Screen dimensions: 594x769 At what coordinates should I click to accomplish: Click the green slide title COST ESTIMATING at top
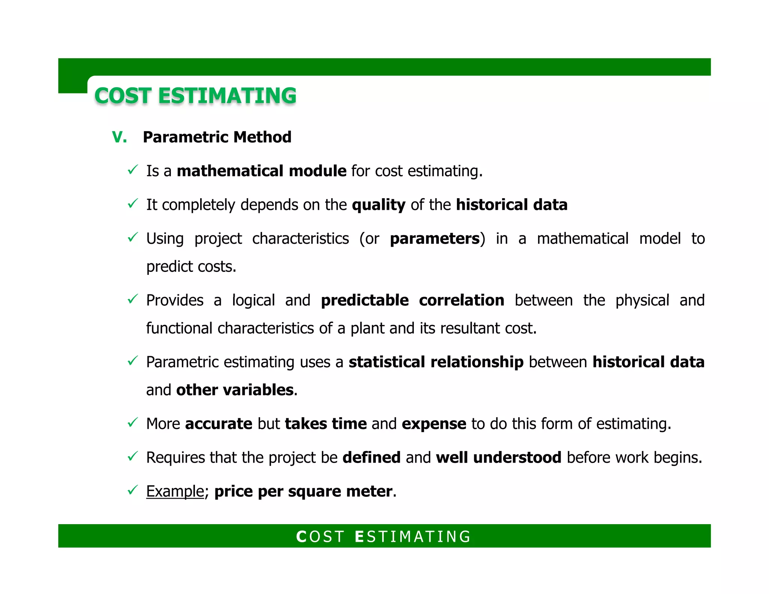[x=195, y=95]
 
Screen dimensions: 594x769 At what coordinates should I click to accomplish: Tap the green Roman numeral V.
[x=119, y=137]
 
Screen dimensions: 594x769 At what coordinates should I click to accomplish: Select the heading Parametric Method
[x=217, y=137]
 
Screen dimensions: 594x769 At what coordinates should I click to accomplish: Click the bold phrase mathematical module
[x=261, y=171]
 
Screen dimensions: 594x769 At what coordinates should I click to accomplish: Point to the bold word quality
[x=378, y=205]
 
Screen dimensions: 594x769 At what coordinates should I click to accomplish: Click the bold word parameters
[x=435, y=239]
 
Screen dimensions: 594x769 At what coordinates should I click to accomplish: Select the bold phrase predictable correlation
[x=412, y=300]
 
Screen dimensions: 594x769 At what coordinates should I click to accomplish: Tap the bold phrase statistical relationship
[x=436, y=362]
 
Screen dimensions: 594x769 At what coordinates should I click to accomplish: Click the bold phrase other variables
[x=235, y=390]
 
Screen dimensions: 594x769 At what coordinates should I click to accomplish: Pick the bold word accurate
[x=219, y=424]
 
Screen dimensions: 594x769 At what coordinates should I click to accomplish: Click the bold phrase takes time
[x=326, y=424]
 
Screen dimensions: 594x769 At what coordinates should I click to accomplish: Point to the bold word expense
[x=434, y=424]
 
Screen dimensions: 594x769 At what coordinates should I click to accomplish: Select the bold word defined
[x=371, y=457]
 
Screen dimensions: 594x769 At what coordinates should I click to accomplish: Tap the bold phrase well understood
[x=499, y=457]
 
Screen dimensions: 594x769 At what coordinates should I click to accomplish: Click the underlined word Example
[x=175, y=491]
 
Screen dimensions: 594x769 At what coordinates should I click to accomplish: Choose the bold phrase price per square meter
[x=303, y=491]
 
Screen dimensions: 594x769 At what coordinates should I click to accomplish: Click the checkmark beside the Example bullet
[x=133, y=490]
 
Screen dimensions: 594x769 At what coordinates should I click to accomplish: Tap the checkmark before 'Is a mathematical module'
[x=133, y=170]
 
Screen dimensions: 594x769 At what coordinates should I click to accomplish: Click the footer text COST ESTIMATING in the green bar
[x=384, y=537]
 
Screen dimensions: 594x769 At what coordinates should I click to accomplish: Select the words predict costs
[x=191, y=267]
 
